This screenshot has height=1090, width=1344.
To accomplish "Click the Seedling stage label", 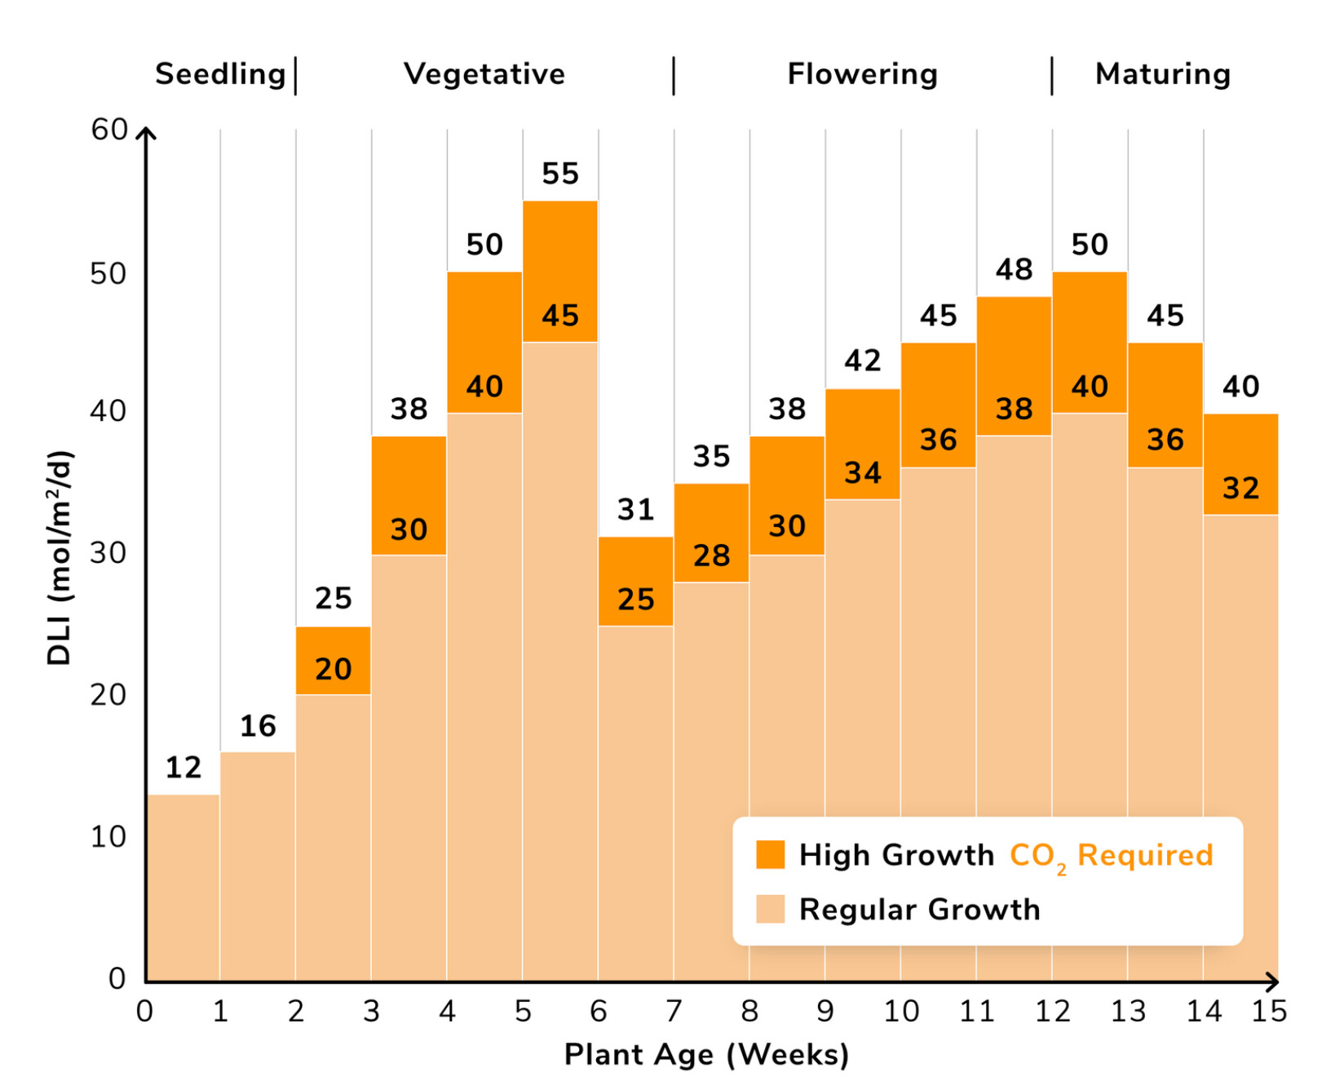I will pyautogui.click(x=220, y=74).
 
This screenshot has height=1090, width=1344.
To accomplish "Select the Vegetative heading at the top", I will pyautogui.click(x=484, y=74).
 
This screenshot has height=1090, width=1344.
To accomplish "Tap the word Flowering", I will pyautogui.click(x=862, y=74).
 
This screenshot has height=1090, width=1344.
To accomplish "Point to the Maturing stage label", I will pyautogui.click(x=1162, y=74).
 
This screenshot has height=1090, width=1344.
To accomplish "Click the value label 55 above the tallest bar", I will pyautogui.click(x=560, y=174).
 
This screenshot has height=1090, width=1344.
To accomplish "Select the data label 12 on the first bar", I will pyautogui.click(x=183, y=768).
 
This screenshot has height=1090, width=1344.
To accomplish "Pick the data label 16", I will pyautogui.click(x=258, y=726).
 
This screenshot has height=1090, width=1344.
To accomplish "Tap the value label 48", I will pyautogui.click(x=1014, y=269).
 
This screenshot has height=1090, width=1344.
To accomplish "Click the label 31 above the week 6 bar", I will pyautogui.click(x=636, y=510).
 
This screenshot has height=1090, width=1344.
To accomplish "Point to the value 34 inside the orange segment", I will pyautogui.click(x=863, y=473).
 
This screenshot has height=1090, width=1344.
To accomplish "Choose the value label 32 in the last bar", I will pyautogui.click(x=1240, y=489).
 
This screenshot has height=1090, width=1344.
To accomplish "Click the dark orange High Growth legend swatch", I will pyautogui.click(x=770, y=854).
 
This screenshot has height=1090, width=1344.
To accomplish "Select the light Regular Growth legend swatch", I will pyautogui.click(x=770, y=909).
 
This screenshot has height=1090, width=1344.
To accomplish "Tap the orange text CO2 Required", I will pyautogui.click(x=1111, y=856).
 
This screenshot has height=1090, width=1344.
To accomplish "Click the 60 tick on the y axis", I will pyautogui.click(x=109, y=130).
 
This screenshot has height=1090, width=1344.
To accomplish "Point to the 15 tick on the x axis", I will pyautogui.click(x=1269, y=1012).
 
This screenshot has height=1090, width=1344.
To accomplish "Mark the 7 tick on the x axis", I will pyautogui.click(x=674, y=1012).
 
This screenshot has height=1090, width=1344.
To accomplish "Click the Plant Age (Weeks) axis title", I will pyautogui.click(x=706, y=1054).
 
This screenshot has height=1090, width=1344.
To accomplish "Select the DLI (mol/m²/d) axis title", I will pyautogui.click(x=60, y=558).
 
